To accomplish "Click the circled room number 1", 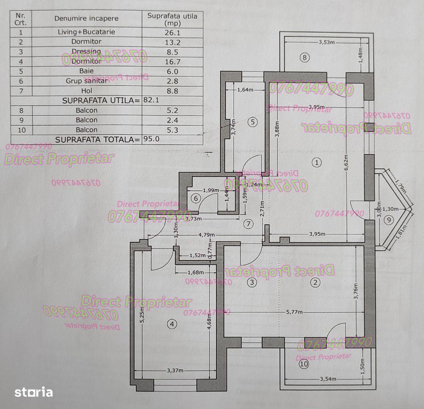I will pyautogui.click(x=317, y=163).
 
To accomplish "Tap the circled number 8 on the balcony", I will pyautogui.click(x=304, y=58).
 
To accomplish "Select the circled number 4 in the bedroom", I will pyautogui.click(x=172, y=324).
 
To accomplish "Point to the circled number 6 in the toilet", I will pyautogui.click(x=195, y=198).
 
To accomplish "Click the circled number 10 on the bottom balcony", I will pyautogui.click(x=304, y=364).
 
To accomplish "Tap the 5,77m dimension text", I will pyautogui.click(x=294, y=312).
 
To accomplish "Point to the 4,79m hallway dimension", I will pyautogui.click(x=207, y=235).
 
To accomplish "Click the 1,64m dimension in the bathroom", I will pyautogui.click(x=245, y=90).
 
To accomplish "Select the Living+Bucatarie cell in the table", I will pyautogui.click(x=86, y=32).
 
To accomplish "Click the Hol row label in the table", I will pyautogui.click(x=86, y=91).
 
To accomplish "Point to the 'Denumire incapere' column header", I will pyautogui.click(x=86, y=18).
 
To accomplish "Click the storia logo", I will pyautogui.click(x=34, y=392).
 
